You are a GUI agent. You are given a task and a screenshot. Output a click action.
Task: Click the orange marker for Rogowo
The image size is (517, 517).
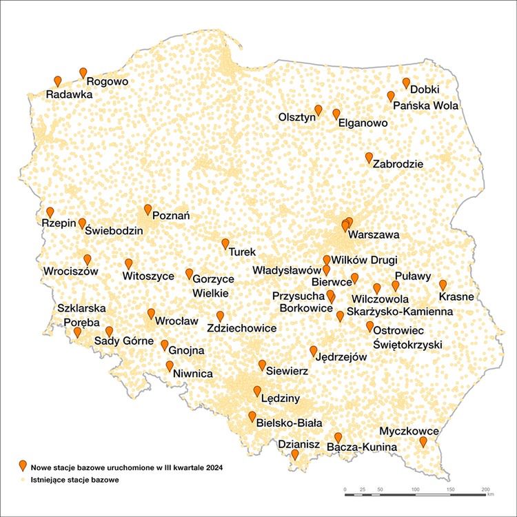(x=83, y=72)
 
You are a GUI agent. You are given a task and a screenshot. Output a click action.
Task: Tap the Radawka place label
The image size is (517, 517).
(x=69, y=94)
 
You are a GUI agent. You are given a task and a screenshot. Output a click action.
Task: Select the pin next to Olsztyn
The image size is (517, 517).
(x=318, y=110)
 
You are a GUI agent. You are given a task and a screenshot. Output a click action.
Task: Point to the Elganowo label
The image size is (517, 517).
(x=363, y=123)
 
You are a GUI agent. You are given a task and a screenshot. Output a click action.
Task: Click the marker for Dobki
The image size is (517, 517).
(x=406, y=82)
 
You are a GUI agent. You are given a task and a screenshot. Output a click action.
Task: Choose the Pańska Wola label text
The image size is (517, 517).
(x=425, y=106)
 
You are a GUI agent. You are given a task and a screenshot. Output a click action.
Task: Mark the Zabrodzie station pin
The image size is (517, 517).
(x=369, y=157)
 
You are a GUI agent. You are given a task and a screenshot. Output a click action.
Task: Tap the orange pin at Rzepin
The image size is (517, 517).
(x=50, y=212)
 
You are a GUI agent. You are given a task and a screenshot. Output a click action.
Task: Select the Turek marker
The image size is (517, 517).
(x=225, y=243)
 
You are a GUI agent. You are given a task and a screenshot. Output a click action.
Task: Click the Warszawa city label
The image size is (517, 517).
(x=374, y=235)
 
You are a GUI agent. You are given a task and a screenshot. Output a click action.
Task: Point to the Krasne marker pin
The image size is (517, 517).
(x=443, y=284)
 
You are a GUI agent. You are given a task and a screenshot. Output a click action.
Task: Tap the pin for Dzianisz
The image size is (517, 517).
(x=295, y=454)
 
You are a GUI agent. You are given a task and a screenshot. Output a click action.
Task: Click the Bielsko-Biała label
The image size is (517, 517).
(x=289, y=423)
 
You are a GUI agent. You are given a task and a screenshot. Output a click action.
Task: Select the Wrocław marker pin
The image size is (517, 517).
(x=151, y=314)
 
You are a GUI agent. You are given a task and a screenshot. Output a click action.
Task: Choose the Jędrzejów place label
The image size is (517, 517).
(x=341, y=357)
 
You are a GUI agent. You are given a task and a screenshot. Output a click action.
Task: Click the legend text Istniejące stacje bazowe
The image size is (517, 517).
(x=74, y=478)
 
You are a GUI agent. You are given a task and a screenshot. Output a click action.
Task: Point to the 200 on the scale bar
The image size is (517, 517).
(x=485, y=488)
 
